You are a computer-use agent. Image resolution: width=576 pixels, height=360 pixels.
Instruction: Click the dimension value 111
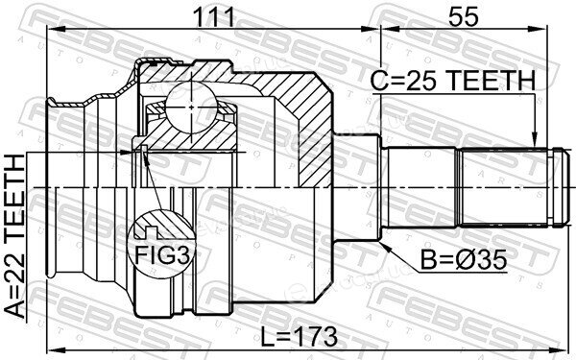[214, 17]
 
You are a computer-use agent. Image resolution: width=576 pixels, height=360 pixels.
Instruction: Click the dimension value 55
[464, 17]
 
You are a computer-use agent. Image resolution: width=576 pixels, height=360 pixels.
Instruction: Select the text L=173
[299, 336]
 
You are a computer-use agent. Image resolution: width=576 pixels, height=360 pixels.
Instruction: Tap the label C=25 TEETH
[453, 82]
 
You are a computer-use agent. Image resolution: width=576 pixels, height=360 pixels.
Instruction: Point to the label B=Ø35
[464, 260]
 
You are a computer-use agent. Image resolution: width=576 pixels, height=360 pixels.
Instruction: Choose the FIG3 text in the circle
[162, 254]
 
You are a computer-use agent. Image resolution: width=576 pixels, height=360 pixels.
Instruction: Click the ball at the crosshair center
[192, 107]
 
